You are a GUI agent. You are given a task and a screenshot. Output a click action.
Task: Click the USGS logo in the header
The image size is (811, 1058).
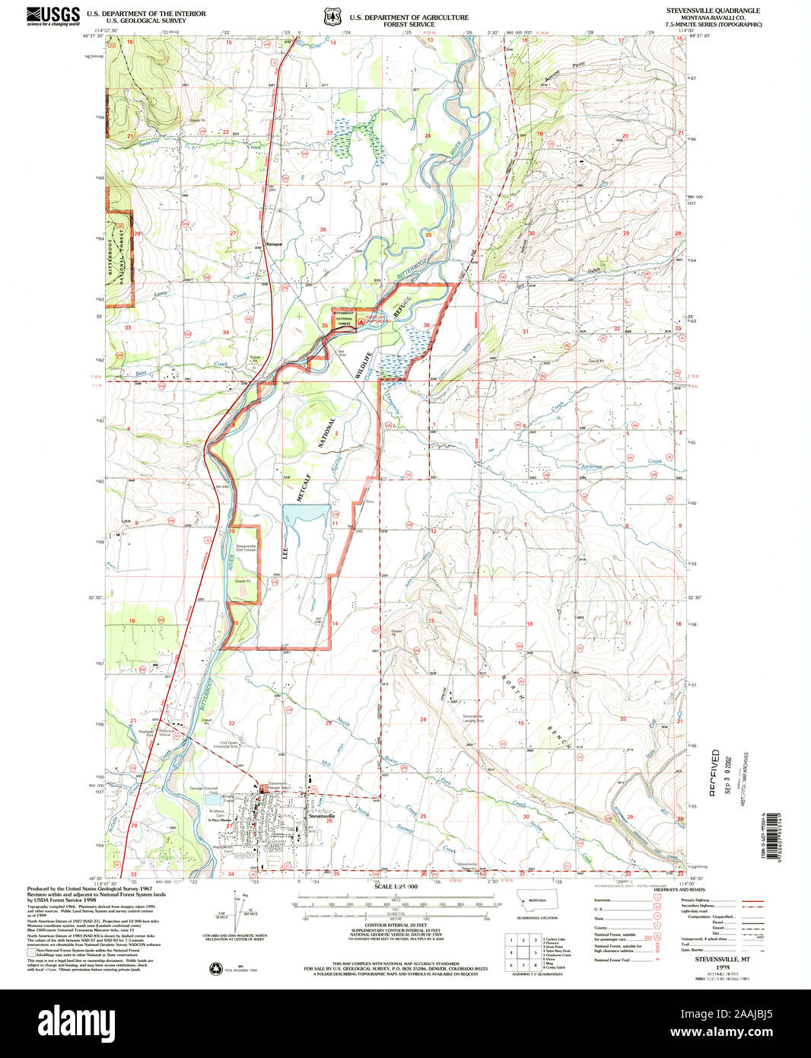[53, 16]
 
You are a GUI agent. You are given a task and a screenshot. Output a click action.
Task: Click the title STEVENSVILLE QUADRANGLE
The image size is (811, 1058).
[713, 11]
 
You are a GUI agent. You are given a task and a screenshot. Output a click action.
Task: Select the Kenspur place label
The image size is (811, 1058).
[274, 244]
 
